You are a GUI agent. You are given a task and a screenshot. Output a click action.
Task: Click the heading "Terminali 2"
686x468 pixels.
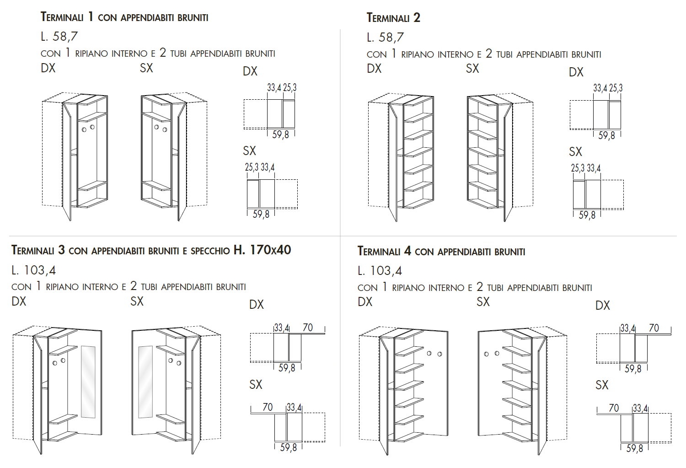pyautogui.click(x=393, y=18)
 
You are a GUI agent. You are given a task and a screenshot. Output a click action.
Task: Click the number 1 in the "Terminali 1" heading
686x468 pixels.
pyautogui.click(x=90, y=17)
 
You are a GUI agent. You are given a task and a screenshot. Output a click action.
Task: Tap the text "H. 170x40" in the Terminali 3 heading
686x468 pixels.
pyautogui.click(x=262, y=250)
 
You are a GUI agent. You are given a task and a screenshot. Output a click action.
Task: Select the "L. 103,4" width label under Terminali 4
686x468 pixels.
pyautogui.click(x=380, y=271)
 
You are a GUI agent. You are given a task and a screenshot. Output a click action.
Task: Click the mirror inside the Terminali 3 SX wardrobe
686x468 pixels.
pyautogui.click(x=145, y=382)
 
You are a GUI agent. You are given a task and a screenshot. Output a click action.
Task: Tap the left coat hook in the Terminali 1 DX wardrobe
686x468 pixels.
pyautogui.click(x=84, y=129)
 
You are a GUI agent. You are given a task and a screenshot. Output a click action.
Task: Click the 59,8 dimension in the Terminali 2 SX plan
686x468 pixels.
pyautogui.click(x=587, y=215)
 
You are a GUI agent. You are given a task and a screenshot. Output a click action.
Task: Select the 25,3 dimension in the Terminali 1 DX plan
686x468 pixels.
pyautogui.click(x=289, y=87)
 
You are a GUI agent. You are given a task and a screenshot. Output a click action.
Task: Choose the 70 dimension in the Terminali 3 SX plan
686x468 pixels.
pyautogui.click(x=268, y=406)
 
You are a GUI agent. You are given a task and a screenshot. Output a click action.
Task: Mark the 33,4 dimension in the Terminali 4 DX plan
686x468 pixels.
pyautogui.click(x=627, y=328)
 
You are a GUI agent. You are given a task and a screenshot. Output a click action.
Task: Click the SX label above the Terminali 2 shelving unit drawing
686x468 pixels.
pyautogui.click(x=472, y=69)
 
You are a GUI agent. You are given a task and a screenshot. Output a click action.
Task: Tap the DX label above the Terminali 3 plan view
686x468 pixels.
pyautogui.click(x=257, y=305)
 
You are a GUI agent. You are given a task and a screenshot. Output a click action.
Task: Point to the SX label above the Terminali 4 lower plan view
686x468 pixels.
pyautogui.click(x=602, y=385)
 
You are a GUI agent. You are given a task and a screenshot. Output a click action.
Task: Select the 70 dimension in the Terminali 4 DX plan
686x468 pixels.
pyautogui.click(x=654, y=328)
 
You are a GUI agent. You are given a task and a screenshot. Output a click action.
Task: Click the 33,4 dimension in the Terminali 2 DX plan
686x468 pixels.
pyautogui.click(x=600, y=88)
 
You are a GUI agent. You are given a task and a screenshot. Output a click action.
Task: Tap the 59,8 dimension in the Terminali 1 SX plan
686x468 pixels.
pyautogui.click(x=261, y=214)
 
